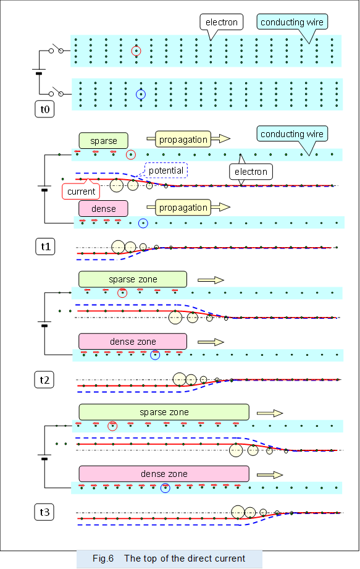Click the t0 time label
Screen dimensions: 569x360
45,109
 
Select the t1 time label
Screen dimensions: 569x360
45,247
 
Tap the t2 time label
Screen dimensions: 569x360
45,380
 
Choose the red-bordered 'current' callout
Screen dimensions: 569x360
82,192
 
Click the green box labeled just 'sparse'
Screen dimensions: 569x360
103,140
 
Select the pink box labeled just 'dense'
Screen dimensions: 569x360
103,209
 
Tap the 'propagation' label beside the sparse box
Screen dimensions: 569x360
183,139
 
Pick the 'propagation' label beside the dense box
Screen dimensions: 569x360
183,208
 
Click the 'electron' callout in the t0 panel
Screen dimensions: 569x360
221,23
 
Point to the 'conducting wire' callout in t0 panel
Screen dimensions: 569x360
291,23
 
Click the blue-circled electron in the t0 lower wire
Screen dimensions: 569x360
141,95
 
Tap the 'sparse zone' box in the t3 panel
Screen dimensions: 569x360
164,412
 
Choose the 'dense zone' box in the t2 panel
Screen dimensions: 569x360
133,342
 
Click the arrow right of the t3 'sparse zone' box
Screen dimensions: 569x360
269,412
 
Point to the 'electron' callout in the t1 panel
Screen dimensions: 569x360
251,172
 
